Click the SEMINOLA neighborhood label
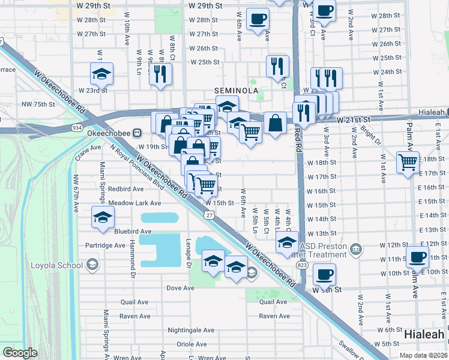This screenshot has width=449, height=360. [237, 91]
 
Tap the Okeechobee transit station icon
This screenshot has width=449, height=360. [137, 133]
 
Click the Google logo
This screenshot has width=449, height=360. [20, 353]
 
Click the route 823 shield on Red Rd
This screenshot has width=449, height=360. [301, 265]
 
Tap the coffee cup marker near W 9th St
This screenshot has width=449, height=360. [324, 275]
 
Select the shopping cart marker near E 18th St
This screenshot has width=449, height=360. [408, 161]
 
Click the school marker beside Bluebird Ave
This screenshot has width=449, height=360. [103, 218]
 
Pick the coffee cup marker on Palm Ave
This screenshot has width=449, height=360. [418, 257]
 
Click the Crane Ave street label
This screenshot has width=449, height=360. [88, 147]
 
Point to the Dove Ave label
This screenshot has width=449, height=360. [181, 288]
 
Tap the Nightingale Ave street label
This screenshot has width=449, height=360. [191, 330]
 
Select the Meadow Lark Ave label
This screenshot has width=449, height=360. [135, 203]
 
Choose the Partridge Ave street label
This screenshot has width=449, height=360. [105, 245]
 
